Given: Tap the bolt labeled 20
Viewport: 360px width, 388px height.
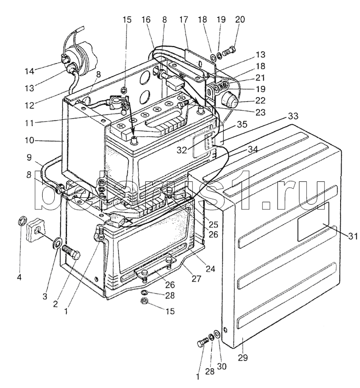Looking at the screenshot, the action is tap(229, 51).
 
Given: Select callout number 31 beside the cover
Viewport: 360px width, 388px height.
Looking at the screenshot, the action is tap(353, 236).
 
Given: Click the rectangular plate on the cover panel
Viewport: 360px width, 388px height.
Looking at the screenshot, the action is tap(313, 221).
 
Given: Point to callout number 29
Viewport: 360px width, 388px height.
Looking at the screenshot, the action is tap(242, 357).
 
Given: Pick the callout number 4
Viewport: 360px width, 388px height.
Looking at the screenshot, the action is tap(19, 277).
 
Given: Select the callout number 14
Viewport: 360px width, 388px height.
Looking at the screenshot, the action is tap(29, 71).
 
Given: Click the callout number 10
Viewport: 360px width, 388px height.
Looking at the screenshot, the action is tap(29, 140).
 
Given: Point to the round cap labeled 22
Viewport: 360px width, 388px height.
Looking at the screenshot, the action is tap(229, 99).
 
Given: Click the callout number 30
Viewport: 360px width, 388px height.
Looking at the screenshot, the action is tap(221, 366).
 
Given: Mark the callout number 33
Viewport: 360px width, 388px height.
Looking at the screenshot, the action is tap(293, 116).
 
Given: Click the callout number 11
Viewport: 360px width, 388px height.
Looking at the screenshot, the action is tap(29, 123).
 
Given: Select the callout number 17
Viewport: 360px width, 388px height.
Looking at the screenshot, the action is tap(184, 19).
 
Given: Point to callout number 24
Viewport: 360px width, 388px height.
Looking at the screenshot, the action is tap(210, 269).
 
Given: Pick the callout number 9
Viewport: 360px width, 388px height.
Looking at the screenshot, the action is tap(29, 158).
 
